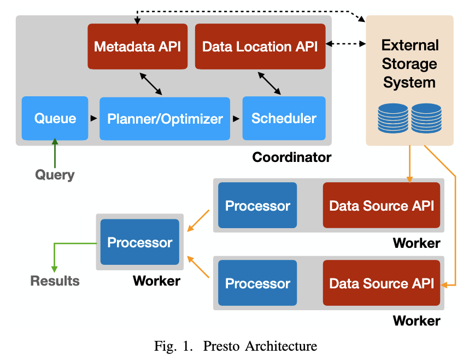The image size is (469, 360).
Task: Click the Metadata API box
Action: click(x=137, y=46)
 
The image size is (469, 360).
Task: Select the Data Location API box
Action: click(x=260, y=46)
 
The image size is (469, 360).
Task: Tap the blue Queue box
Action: click(x=55, y=118)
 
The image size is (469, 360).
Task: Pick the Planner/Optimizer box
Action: click(x=165, y=118)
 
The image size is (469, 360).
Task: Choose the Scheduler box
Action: click(x=284, y=118)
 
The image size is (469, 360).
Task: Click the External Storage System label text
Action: click(x=409, y=64)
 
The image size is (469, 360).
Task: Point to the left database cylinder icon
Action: click(x=393, y=118)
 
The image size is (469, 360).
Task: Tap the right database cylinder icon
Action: click(x=426, y=118)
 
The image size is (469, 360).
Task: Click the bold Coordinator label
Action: click(x=291, y=158)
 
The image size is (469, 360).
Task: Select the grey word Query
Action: click(x=55, y=175)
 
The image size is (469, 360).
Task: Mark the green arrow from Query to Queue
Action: click(x=55, y=153)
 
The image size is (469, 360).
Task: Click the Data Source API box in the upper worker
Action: click(x=382, y=205)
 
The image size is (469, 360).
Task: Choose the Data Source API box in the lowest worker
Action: click(x=382, y=283)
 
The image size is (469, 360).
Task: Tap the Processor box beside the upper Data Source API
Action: click(x=257, y=205)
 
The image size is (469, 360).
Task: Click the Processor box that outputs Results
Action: click(x=140, y=242)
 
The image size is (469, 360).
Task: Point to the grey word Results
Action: click(x=55, y=281)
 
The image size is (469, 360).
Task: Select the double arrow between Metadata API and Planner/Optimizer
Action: click(x=151, y=84)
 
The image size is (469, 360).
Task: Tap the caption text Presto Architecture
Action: click(x=260, y=346)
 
